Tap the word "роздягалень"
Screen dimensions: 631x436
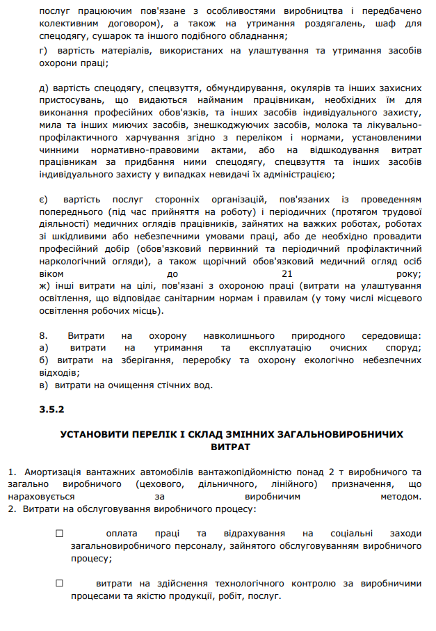click(325, 23)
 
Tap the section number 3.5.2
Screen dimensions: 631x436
click(52, 410)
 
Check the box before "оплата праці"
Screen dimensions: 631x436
click(58, 534)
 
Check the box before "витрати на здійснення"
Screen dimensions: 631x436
click(58, 584)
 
